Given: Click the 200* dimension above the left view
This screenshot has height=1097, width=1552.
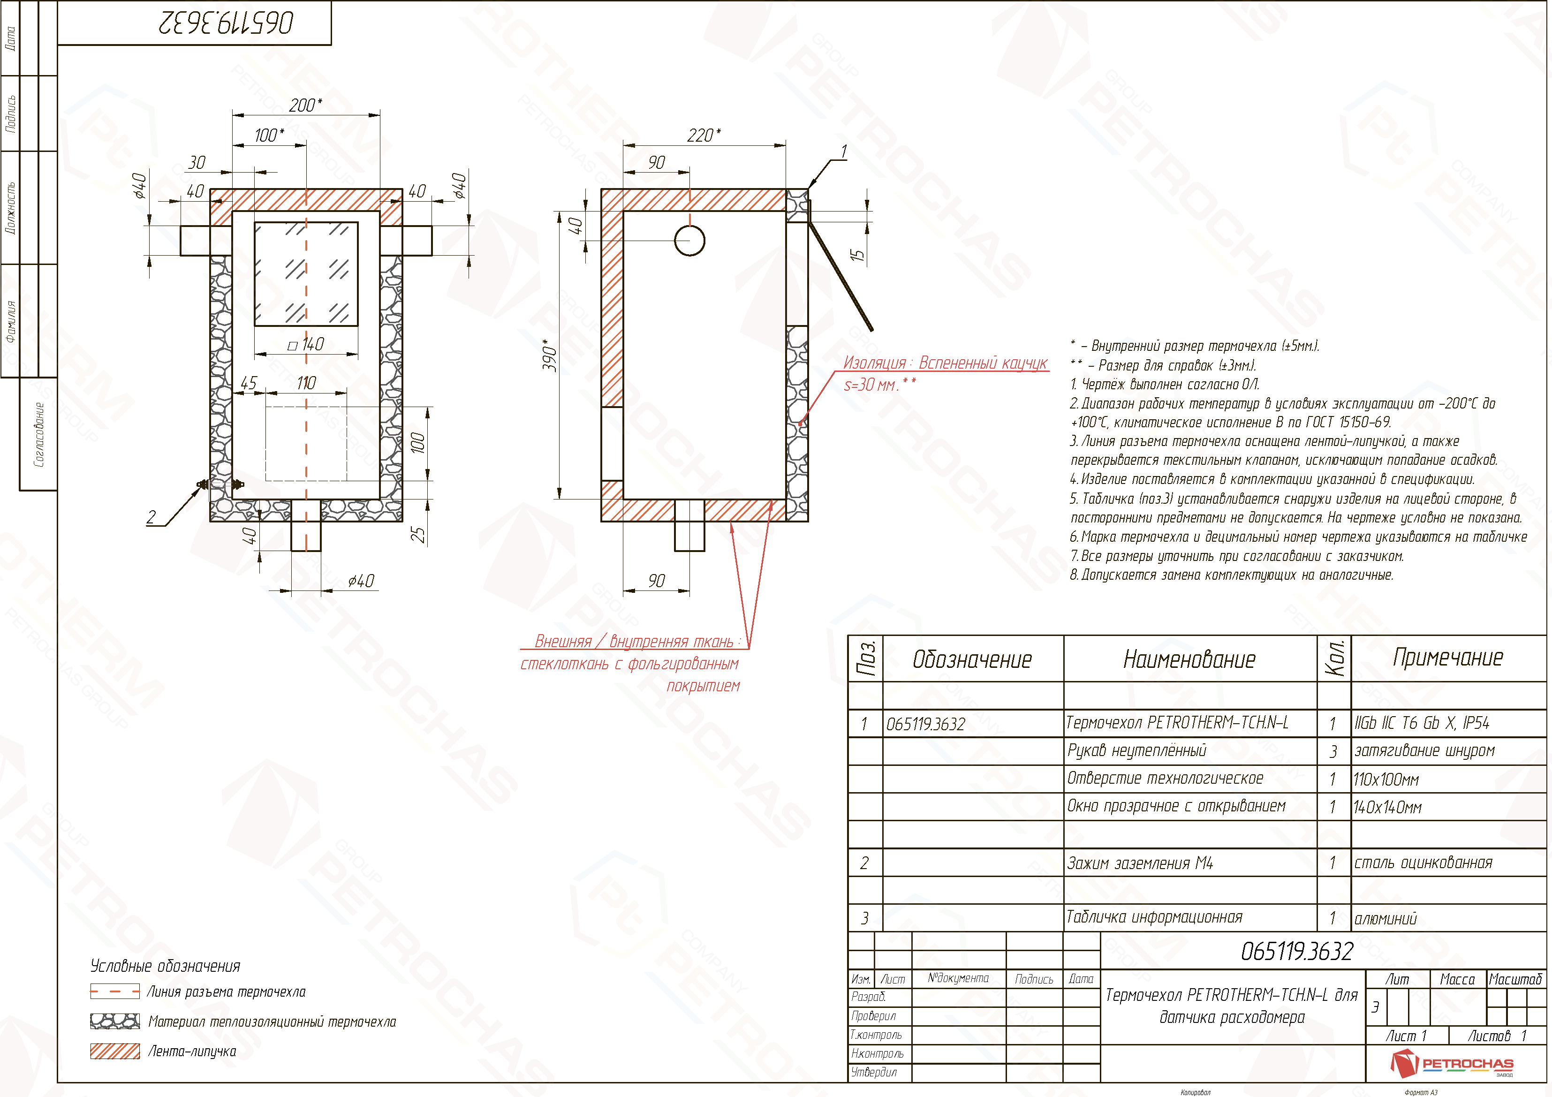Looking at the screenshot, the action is tap(305, 106).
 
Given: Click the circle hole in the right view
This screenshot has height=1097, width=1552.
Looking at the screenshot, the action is tap(690, 241).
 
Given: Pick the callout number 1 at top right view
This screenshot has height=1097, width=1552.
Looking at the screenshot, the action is tap(844, 151).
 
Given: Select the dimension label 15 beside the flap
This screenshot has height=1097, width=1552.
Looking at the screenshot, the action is tap(857, 255).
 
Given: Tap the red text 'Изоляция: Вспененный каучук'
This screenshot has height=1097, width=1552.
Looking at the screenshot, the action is tap(945, 363).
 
